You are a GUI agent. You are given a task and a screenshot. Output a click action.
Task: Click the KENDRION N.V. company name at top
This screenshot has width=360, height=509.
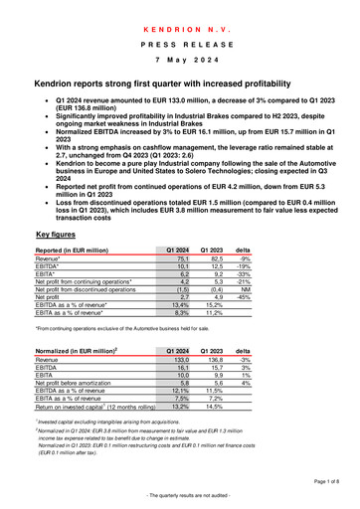(x=179, y=17)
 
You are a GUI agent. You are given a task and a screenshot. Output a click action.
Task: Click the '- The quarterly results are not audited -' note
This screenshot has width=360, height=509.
(x=179, y=497)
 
